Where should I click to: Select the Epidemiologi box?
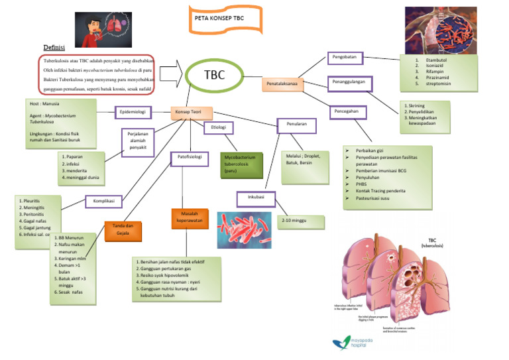tap(135, 112)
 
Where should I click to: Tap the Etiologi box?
tap(218, 127)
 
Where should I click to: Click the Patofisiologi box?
tap(190, 158)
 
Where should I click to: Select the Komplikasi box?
tap(105, 201)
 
